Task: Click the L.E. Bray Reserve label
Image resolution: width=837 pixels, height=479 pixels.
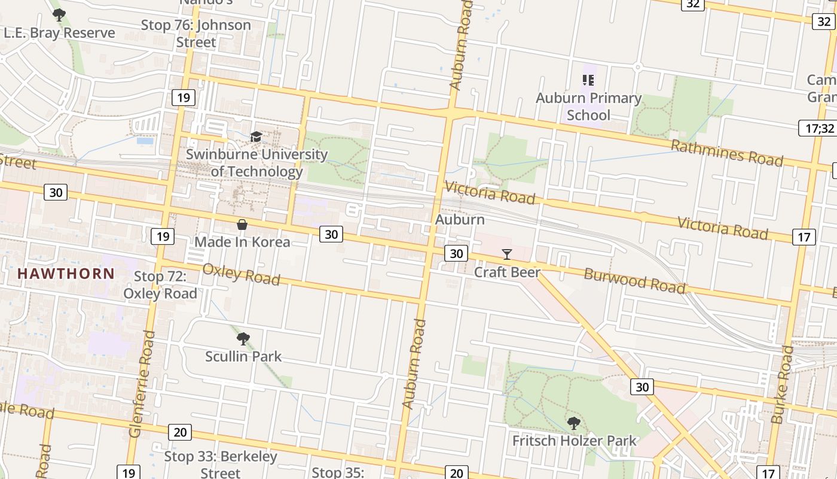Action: tap(59, 33)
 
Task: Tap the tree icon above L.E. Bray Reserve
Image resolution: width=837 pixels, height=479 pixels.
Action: tap(59, 15)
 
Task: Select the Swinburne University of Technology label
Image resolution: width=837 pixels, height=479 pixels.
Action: tap(256, 163)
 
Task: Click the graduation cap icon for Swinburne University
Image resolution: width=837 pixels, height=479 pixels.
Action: tap(256, 137)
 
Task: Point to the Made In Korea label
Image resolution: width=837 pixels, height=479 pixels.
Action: tap(242, 242)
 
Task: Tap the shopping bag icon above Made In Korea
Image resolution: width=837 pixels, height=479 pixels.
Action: tap(242, 225)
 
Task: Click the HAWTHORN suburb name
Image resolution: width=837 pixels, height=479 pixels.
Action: tap(66, 274)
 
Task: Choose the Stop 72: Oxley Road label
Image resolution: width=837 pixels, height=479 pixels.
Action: tap(160, 285)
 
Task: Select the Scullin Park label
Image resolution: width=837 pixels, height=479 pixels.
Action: tap(243, 356)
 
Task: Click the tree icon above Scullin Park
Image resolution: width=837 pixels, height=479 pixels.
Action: tap(243, 339)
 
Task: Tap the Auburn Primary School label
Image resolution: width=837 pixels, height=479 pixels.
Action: tap(588, 106)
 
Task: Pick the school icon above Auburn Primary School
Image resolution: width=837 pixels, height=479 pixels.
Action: tap(588, 80)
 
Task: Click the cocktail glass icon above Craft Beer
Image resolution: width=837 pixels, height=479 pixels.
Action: tap(507, 254)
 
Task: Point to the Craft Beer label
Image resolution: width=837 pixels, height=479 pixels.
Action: tap(507, 272)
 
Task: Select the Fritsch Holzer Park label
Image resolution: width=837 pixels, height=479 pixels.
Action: tap(575, 441)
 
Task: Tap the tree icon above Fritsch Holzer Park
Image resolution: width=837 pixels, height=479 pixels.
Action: tap(574, 424)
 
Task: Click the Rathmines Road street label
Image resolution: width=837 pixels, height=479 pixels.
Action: tap(726, 153)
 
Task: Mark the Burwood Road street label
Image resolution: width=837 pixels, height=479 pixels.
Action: tap(634, 280)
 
